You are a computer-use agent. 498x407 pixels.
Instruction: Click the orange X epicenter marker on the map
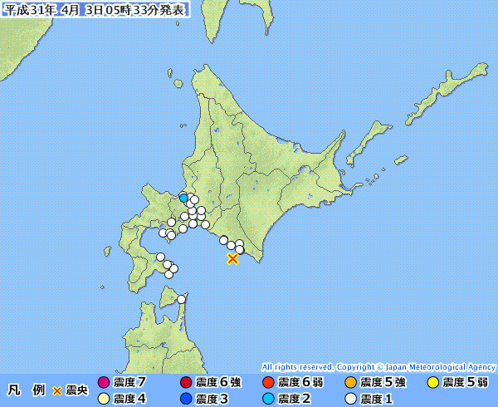232,259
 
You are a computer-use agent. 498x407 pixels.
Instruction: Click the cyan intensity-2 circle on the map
183,198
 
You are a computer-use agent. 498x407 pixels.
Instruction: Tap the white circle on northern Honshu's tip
182,299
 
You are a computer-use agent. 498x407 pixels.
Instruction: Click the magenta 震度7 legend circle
103,383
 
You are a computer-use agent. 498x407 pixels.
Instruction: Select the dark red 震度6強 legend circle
185,383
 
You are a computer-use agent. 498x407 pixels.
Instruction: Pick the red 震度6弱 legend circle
267,383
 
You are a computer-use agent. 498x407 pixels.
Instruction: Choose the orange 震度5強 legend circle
350,383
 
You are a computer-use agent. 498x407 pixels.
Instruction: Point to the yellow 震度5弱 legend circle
432,383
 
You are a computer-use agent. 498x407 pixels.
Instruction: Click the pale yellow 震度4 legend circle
103,399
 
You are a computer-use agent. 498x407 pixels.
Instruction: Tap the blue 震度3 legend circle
185,399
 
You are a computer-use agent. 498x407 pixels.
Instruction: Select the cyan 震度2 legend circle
267,399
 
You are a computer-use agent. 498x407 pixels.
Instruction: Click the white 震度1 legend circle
350,399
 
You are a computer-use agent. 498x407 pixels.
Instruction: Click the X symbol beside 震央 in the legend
56,390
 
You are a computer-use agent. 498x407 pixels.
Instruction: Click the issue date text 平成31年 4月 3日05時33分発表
95,9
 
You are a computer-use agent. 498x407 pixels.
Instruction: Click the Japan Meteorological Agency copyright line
378,366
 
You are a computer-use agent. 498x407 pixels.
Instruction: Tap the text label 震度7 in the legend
129,383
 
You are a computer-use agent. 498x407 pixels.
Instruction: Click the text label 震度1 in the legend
377,399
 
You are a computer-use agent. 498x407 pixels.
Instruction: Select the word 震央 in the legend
76,390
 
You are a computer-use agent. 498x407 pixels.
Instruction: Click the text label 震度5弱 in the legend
466,383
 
